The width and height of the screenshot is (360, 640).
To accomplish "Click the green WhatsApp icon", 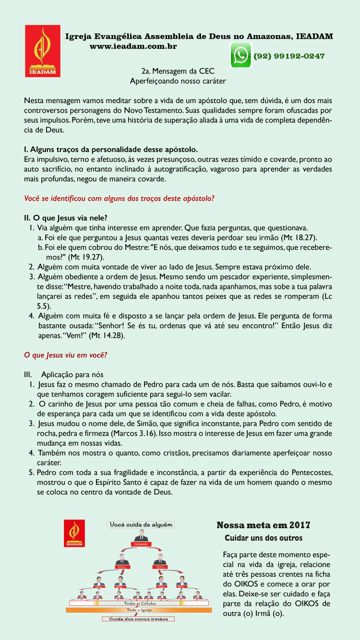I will point(241,55).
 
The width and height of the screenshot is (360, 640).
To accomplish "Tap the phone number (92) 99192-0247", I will point(289,56).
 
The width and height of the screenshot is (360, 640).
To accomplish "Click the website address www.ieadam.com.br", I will point(133,47).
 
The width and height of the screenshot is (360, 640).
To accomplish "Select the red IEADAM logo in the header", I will point(43,51).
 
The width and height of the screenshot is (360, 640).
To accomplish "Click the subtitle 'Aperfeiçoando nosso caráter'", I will point(178,81).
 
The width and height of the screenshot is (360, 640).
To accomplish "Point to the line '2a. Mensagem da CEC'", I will point(178,71).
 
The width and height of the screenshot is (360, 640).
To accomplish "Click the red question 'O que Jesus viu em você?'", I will point(65,355).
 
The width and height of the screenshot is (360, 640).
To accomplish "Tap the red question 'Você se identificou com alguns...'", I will point(119,198).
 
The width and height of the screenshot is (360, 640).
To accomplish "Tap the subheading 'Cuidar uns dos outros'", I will point(264,538).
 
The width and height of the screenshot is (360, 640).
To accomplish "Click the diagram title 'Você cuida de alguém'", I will point(141,525).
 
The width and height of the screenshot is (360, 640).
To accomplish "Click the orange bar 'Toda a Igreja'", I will point(139,610).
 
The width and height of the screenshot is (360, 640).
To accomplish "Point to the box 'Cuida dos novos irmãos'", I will point(139,619).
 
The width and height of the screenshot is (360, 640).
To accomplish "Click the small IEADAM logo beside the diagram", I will point(74,533).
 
